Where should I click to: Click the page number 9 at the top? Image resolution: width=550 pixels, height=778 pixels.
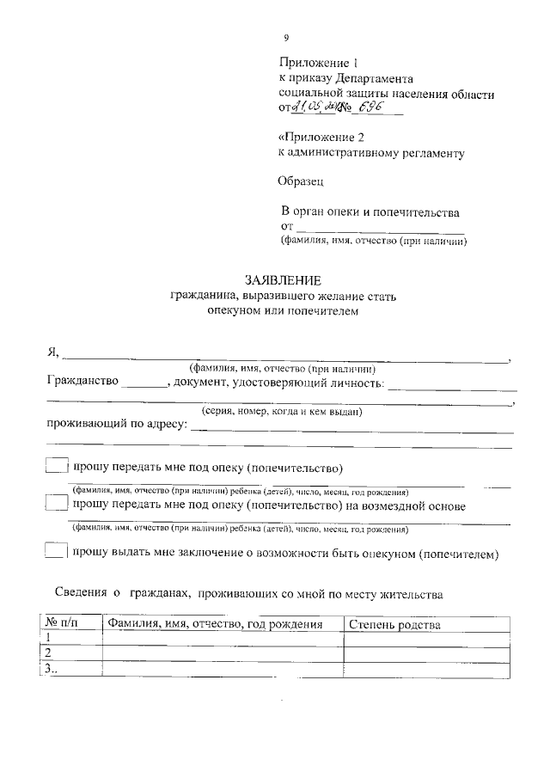(x=287, y=39)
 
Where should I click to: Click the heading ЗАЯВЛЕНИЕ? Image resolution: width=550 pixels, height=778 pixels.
(x=283, y=280)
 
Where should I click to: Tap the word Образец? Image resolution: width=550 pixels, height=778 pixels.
(x=301, y=181)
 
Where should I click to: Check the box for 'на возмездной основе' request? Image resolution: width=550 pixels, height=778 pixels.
(x=55, y=505)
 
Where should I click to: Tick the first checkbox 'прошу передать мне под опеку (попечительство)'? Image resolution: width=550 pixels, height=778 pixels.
(x=55, y=467)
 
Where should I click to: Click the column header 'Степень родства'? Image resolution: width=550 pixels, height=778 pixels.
(x=394, y=624)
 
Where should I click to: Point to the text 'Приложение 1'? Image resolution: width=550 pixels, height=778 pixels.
(x=317, y=63)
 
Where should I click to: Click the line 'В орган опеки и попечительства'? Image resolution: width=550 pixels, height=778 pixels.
(x=371, y=211)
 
